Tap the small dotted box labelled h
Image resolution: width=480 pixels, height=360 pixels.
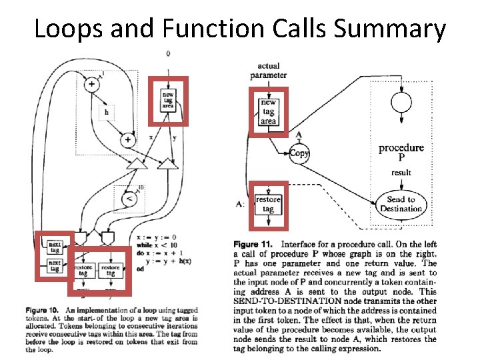point(107,112)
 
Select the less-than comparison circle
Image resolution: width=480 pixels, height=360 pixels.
point(130,199)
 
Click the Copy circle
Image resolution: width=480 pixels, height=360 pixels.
point(299,153)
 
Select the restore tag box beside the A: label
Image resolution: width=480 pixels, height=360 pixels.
point(268,204)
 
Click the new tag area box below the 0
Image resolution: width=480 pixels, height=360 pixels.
point(168,101)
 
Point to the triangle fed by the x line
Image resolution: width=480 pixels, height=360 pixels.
point(138,164)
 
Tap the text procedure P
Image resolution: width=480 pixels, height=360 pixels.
point(401,152)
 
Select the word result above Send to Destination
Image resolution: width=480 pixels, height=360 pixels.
point(401,173)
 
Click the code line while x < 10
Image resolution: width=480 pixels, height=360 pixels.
point(155,244)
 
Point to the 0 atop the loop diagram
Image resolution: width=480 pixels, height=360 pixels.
point(167,53)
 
